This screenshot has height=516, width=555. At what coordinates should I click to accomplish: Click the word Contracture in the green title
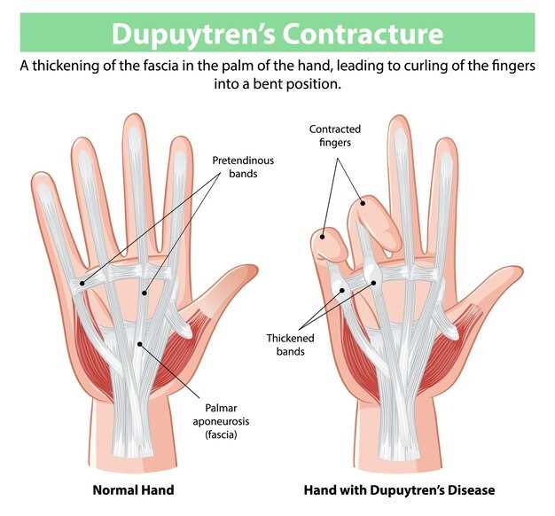point(363,34)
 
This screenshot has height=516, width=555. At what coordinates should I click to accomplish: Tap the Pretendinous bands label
point(243,167)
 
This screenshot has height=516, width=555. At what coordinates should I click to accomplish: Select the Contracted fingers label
point(335,136)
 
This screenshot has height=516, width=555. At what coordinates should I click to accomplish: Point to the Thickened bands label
point(290,345)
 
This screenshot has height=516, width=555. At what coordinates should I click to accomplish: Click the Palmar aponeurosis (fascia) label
point(221,421)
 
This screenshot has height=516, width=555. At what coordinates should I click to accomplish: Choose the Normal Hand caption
point(134,490)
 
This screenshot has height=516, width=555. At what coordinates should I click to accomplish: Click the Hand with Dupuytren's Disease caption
point(399,490)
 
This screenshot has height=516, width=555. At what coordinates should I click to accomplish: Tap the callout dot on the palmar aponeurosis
point(140,344)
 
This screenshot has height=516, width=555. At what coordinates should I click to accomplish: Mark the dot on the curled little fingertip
point(323,237)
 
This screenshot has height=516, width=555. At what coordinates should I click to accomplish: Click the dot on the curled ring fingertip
point(363,203)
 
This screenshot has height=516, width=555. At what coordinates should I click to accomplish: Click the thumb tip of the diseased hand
point(520,271)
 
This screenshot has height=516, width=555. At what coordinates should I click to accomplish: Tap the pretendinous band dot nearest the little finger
point(82,283)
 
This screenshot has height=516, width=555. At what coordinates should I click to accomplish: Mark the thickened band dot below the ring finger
point(373,283)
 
